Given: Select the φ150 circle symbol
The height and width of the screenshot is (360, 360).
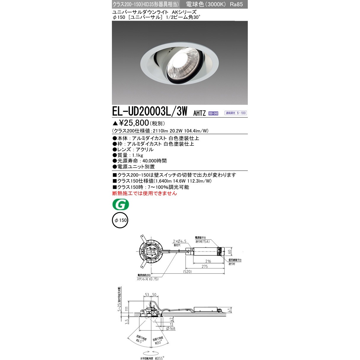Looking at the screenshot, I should (120, 220).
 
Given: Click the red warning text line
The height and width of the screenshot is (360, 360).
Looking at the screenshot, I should (145, 193).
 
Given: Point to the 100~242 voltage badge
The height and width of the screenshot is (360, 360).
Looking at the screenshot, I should (213, 113).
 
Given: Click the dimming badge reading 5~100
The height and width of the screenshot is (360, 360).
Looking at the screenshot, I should (236, 113).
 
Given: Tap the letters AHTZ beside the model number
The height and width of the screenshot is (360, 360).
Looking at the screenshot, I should (199, 113).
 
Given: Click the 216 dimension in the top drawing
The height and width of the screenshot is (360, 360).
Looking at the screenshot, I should (208, 261).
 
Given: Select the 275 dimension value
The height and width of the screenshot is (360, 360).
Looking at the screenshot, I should (204, 266).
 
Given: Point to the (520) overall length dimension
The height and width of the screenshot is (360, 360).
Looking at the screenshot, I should (187, 271).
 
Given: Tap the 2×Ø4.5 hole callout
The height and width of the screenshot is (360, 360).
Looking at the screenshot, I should (180, 241).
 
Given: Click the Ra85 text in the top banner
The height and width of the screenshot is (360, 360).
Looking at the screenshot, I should (236, 4).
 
